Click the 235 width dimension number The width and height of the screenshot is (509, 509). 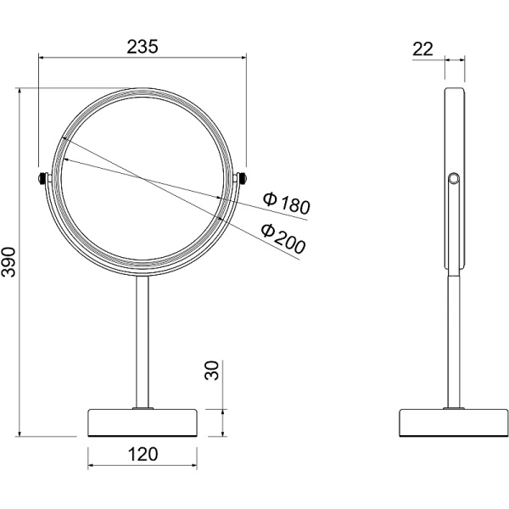(143, 47)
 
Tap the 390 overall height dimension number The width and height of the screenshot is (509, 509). (8, 262)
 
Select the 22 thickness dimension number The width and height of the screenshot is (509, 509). (422, 49)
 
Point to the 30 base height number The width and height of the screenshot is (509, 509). (212, 370)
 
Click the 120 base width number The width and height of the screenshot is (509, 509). (143, 454)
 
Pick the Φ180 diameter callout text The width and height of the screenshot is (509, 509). (287, 204)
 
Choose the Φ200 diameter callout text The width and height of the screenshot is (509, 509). (283, 238)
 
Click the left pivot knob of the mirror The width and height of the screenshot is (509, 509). (42, 178)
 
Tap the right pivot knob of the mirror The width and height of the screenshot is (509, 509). (243, 178)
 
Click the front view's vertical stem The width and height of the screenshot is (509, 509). (143, 342)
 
